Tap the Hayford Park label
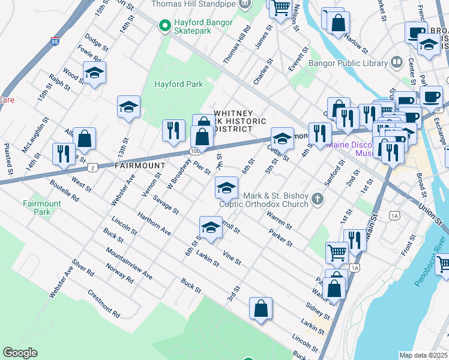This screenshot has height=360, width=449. pos(179,84)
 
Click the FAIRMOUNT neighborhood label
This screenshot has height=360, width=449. pos(139,165)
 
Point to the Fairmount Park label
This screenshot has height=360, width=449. pos(42,208)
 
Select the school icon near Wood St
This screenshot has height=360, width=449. pos(94,73)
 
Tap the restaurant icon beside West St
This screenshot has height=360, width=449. pos(63,154)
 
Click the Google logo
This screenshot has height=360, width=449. pos(20,352)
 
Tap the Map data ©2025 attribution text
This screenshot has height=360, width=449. pos(423,355)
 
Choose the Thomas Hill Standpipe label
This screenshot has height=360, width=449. pos(192,4)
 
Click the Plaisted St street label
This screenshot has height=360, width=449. pos(8,159)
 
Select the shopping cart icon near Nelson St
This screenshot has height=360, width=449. pos(280,8)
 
